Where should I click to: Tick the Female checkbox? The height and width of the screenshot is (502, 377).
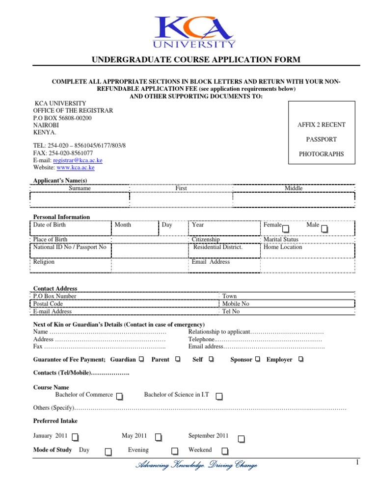point(286,228)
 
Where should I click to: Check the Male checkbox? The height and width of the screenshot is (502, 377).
point(325,228)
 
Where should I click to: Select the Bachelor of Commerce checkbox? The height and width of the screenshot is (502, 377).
point(120,396)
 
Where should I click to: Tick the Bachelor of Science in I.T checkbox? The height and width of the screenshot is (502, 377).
point(219,396)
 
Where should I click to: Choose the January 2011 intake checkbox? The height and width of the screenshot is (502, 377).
point(76,437)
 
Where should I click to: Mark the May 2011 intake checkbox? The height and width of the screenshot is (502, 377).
point(158,437)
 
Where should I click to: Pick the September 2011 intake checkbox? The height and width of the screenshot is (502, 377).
point(242,437)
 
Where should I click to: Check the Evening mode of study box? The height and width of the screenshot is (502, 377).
point(174,451)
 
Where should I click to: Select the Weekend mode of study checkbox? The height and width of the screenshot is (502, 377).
point(224,451)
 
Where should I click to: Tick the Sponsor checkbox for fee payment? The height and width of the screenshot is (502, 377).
point(258,360)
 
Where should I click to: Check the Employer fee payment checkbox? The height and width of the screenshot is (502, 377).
point(300,360)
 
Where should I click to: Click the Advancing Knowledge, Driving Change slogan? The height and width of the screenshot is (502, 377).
point(196,465)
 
